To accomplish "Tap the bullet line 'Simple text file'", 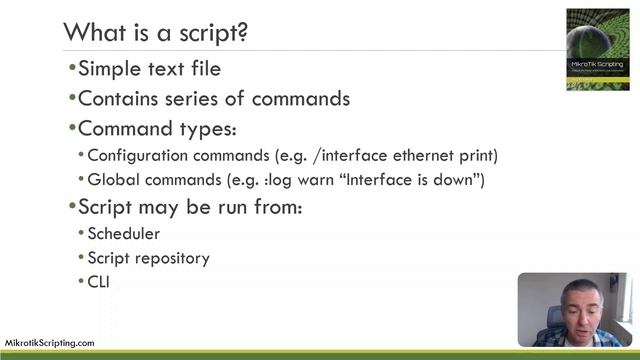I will [149, 69].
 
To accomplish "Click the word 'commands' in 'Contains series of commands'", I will [300, 99].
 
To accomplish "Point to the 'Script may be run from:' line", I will [189, 208].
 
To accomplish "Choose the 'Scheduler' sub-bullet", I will [124, 234].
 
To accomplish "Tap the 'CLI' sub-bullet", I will [98, 282].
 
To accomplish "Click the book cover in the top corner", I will [598, 49].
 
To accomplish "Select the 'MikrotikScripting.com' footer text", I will [50, 342].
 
